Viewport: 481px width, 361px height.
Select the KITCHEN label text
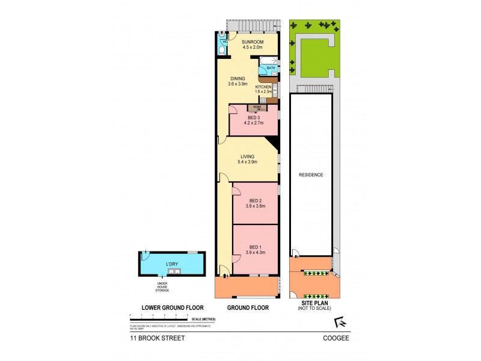pos(263,87)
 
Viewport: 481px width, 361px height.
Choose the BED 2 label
pos(254,201)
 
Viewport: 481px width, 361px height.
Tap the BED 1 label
pos(254,247)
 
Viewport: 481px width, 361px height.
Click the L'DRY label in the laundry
pos(173,264)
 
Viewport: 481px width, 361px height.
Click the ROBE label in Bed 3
pos(257,107)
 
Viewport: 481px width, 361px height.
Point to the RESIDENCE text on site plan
pos(311,175)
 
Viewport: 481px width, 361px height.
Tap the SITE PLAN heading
pos(311,307)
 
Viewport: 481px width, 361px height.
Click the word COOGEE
pos(336,338)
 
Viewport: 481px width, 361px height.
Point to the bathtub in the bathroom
pos(268,60)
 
